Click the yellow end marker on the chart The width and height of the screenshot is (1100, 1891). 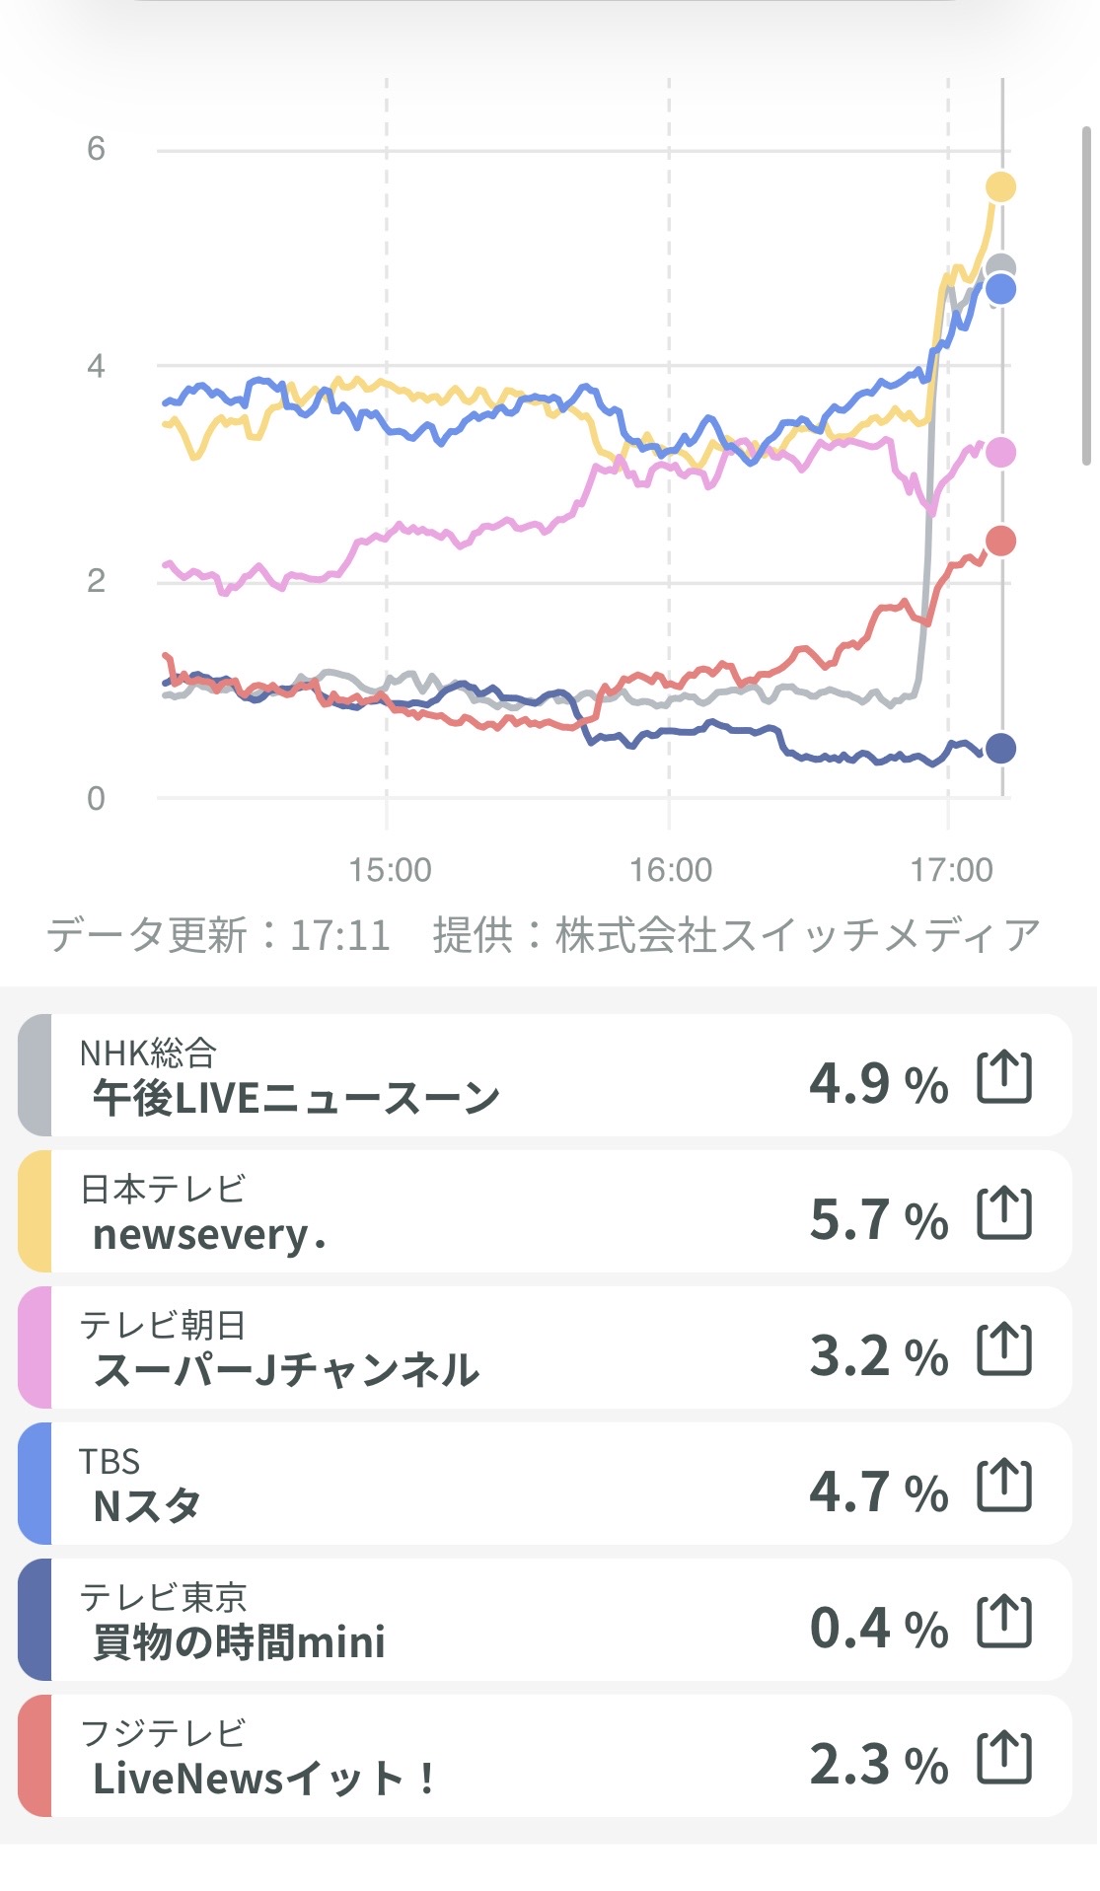point(1000,186)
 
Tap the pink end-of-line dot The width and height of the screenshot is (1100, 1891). point(1000,453)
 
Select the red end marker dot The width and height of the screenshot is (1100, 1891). point(1000,541)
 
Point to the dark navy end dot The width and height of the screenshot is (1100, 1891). point(1000,749)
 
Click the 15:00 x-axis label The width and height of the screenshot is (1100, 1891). point(390,870)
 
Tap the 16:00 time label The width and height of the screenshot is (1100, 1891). point(671,870)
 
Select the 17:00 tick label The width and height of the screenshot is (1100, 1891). point(951,870)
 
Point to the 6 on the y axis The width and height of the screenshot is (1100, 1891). point(96,149)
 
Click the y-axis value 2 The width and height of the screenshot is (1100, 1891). point(96,580)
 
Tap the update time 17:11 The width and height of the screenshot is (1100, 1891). point(339,935)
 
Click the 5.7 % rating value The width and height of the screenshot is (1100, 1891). point(878,1219)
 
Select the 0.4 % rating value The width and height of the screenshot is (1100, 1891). point(878,1628)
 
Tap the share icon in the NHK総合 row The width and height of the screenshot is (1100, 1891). point(1004,1076)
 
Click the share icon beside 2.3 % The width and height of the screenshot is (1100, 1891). point(1004,1758)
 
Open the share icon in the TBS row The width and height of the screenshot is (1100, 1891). point(1004,1486)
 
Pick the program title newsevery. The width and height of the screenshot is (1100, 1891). point(209,1235)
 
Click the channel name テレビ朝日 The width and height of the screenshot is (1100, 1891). point(163,1325)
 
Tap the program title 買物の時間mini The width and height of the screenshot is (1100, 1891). point(239,1643)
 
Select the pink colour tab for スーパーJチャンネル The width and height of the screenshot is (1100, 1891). point(35,1347)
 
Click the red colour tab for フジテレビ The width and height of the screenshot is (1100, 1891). point(35,1756)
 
